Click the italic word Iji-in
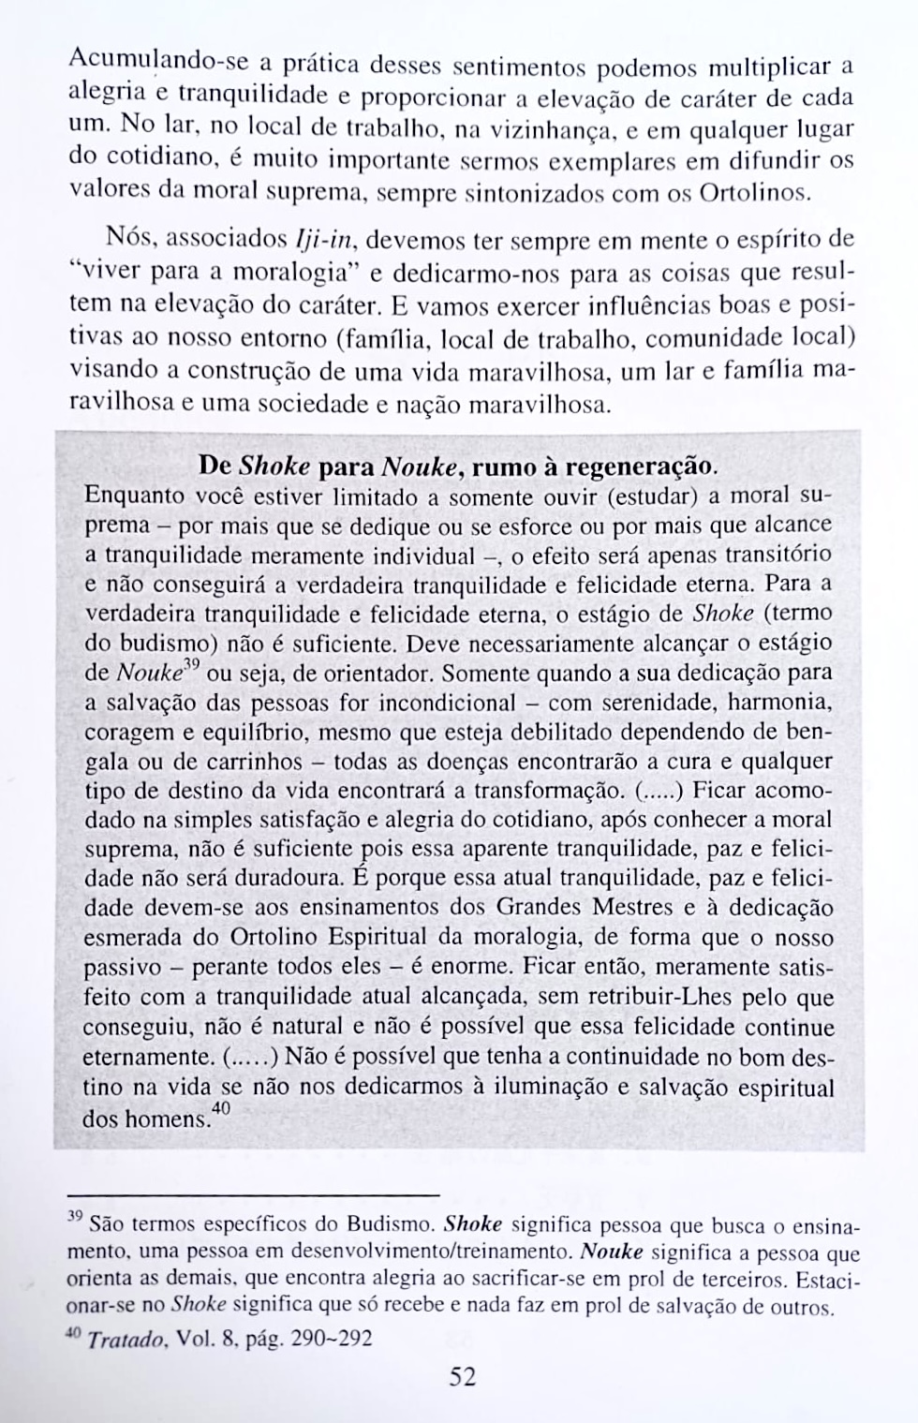click(x=322, y=239)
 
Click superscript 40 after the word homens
click(x=221, y=1108)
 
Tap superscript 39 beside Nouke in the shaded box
click(x=192, y=666)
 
